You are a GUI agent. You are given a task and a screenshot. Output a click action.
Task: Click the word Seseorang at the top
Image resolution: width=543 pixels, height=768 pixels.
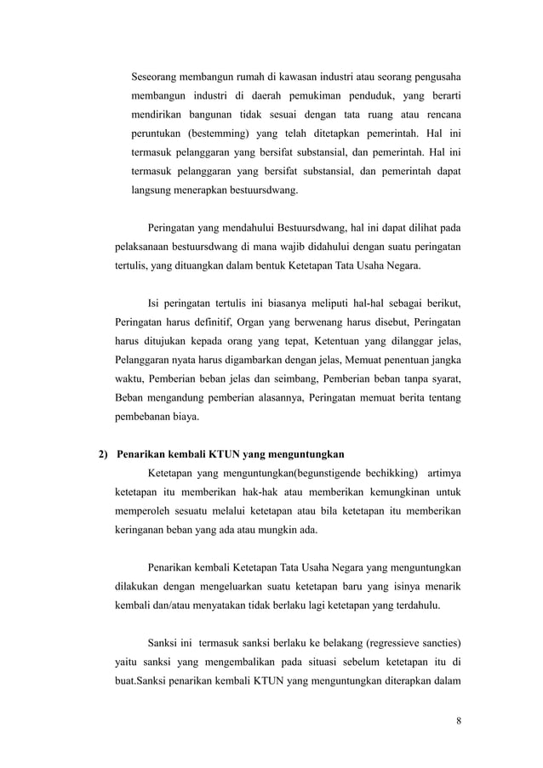[159, 69]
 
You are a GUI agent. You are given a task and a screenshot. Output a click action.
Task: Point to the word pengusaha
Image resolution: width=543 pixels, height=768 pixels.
[431, 69]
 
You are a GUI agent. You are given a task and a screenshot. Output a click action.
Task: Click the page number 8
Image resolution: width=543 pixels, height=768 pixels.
[459, 722]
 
